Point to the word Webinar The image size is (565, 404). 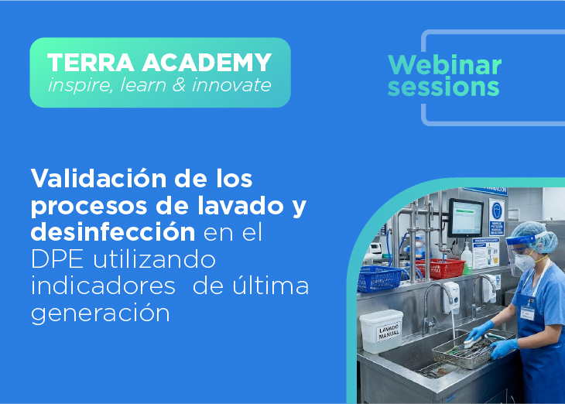coord(444,64)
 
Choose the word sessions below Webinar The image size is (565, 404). coord(443,87)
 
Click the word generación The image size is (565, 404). coord(100,313)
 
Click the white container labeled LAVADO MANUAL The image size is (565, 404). coord(381,330)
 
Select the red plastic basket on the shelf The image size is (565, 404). coord(440,268)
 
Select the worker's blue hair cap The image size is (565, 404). coord(532,230)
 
